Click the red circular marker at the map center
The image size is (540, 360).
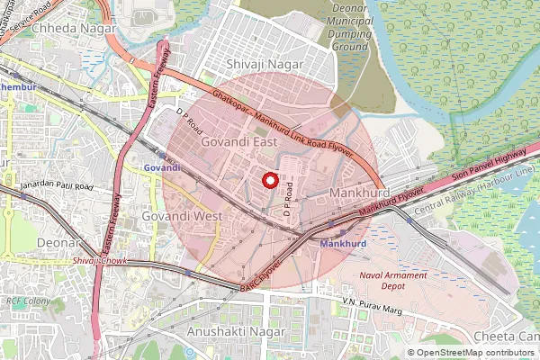tap(269, 180)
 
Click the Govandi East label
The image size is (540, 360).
tap(238, 141)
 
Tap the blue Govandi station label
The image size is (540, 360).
tap(162, 167)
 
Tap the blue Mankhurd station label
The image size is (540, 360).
tap(341, 244)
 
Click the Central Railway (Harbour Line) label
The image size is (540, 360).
tap(474, 191)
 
